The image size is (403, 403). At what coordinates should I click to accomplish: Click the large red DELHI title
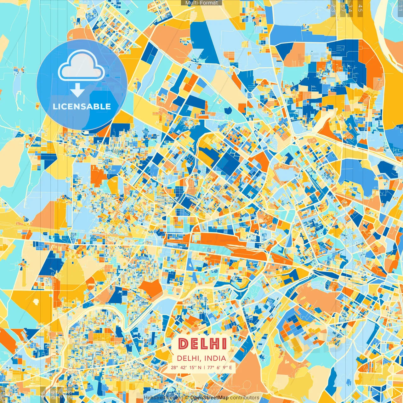point(202,344)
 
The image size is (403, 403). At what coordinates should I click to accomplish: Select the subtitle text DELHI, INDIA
point(201,358)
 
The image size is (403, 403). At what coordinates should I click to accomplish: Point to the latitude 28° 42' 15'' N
point(186,367)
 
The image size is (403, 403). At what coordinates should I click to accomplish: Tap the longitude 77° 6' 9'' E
point(219,367)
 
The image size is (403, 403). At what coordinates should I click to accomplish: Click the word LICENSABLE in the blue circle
point(82,106)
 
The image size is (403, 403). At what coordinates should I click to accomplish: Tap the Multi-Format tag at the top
point(201,3)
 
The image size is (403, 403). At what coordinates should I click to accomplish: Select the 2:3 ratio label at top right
point(333,8)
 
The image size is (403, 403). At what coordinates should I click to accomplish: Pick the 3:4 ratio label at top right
point(350,8)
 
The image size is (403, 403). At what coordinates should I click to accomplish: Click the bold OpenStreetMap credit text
point(209,398)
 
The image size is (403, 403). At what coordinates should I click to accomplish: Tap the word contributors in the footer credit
point(245,398)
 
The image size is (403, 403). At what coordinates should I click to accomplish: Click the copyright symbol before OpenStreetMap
point(187,398)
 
